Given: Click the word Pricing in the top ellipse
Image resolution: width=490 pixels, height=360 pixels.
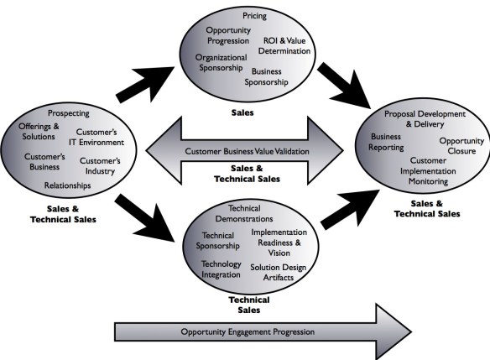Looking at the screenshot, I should tap(254, 16).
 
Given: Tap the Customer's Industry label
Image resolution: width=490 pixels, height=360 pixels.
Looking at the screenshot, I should tap(101, 165).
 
